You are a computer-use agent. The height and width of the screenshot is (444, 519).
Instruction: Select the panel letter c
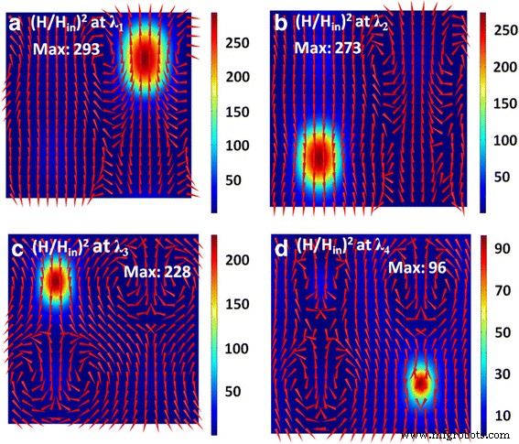15,248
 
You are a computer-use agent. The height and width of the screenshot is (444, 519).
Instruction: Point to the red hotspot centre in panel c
56,282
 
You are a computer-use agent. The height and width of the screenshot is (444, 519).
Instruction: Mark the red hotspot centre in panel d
420,384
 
